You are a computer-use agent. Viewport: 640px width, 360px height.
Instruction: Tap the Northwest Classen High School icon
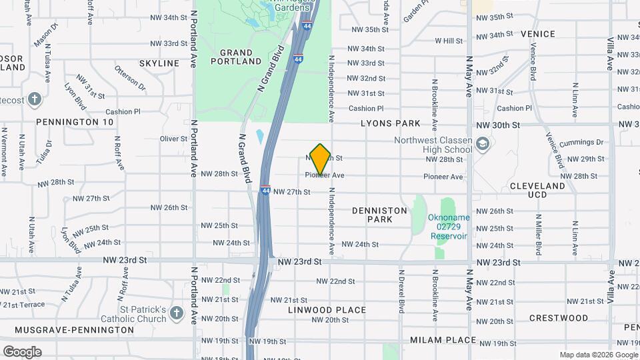483,143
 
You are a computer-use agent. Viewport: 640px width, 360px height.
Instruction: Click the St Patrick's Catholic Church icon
176,313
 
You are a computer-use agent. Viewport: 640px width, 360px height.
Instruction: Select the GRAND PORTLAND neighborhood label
236,57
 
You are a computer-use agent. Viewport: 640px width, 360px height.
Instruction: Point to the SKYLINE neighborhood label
159,63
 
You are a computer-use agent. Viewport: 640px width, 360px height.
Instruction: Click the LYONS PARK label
391,123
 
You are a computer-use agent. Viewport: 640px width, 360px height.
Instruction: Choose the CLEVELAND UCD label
537,190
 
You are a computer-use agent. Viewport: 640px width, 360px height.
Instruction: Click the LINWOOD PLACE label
327,310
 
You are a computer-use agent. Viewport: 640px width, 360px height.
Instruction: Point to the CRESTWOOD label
559,318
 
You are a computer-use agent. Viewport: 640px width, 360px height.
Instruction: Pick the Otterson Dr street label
130,77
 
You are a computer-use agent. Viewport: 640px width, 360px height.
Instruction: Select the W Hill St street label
449,41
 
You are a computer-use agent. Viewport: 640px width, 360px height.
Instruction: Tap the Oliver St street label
174,139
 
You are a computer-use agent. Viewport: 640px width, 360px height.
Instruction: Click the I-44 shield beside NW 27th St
265,190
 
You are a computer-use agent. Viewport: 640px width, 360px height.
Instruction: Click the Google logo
22,351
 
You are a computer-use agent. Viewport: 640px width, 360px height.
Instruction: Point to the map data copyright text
598,355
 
